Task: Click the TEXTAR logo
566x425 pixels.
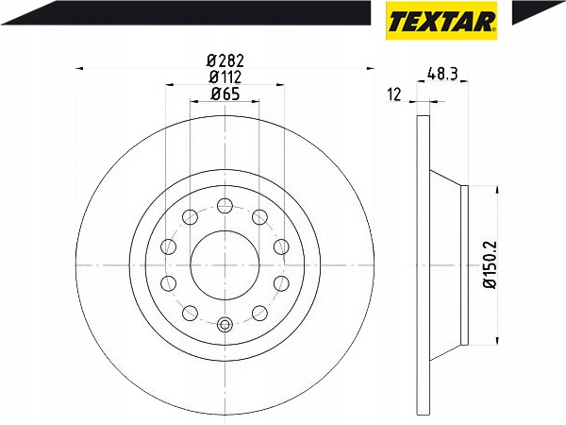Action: tap(441, 21)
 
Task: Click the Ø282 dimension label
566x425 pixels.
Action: tap(225, 60)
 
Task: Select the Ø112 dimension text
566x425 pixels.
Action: tap(225, 77)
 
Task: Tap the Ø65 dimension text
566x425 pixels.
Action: tap(225, 93)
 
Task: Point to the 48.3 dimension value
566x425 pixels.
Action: tap(442, 74)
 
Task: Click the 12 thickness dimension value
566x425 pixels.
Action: tap(394, 94)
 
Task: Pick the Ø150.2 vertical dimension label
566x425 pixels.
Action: tap(491, 264)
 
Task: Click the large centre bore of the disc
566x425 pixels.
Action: tap(225, 264)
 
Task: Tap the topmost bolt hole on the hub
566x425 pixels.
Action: tap(225, 205)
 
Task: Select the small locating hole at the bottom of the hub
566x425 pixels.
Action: tap(225, 325)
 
